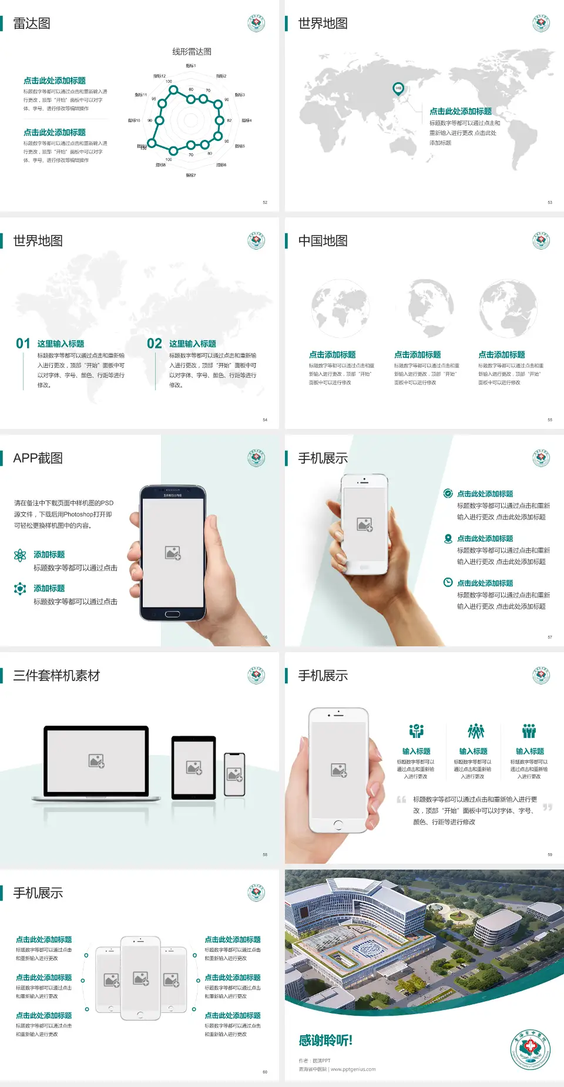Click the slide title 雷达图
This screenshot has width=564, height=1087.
(32, 24)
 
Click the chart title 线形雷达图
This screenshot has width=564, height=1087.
(192, 52)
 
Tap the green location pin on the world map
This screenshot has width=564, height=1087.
(398, 89)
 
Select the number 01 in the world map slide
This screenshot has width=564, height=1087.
(23, 343)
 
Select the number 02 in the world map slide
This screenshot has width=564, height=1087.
(155, 343)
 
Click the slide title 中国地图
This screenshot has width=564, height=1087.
(323, 241)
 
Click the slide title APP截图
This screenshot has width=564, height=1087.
(38, 458)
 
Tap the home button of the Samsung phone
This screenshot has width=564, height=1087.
(172, 614)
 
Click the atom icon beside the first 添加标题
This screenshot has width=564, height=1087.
(20, 555)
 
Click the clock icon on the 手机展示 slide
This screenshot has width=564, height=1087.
(448, 582)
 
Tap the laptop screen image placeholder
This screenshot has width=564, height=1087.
(96, 761)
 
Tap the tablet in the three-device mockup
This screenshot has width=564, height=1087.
(194, 767)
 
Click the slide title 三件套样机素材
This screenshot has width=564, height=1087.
(56, 676)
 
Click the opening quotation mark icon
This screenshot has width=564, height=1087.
(402, 800)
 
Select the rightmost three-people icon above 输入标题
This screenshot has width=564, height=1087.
(529, 731)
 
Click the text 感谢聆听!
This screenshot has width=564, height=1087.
(325, 1041)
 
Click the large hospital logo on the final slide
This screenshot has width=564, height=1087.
(530, 1049)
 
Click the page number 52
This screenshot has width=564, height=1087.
(265, 202)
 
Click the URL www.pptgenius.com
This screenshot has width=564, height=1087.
(353, 1069)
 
